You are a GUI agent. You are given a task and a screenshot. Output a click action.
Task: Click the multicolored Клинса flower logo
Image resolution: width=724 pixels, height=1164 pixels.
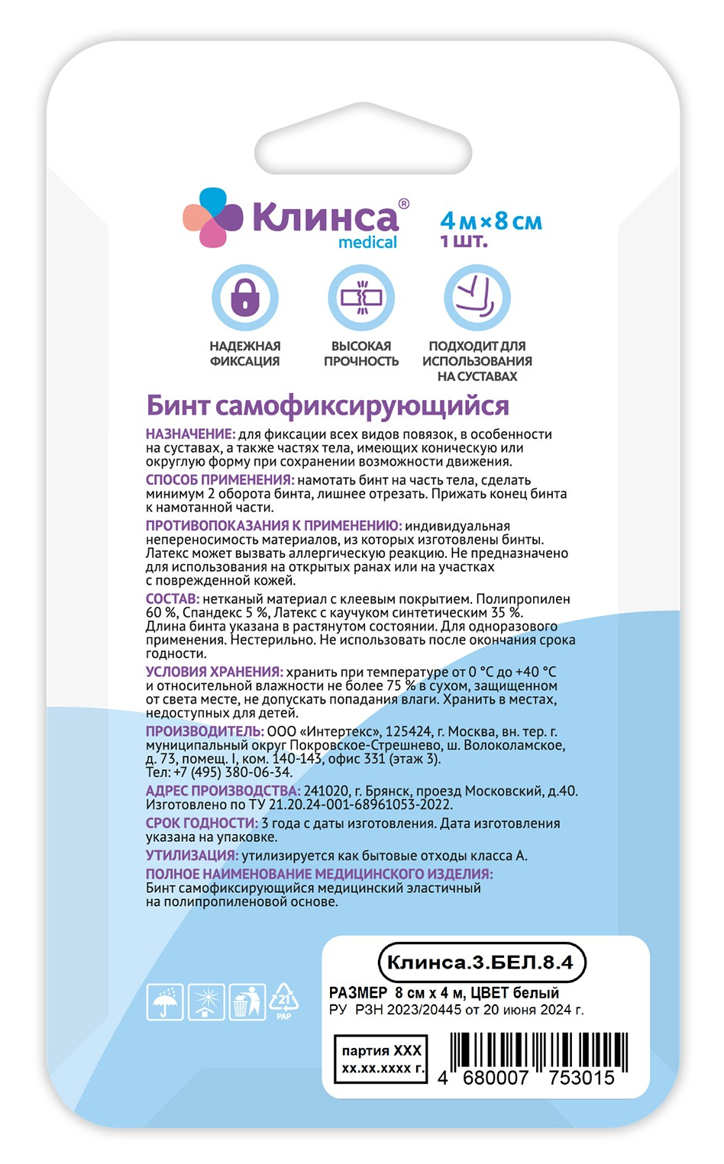(212, 218)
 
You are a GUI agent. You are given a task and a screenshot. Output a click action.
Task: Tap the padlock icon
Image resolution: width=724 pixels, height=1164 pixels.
(245, 297)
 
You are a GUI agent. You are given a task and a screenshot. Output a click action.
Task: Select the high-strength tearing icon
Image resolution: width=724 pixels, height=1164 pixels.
(361, 297)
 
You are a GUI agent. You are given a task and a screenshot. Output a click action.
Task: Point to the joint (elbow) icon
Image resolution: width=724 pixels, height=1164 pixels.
(477, 297)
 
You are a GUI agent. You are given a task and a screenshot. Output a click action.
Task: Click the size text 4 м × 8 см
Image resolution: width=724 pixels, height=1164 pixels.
(491, 221)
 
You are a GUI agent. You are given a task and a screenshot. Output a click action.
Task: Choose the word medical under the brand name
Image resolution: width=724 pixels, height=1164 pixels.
(367, 243)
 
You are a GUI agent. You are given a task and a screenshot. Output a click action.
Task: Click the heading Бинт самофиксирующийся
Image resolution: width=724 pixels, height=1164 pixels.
(328, 405)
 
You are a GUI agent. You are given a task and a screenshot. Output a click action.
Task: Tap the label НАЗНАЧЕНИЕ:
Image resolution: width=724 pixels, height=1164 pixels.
(190, 434)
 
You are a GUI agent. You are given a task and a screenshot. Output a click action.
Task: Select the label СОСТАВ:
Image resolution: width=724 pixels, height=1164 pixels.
(173, 599)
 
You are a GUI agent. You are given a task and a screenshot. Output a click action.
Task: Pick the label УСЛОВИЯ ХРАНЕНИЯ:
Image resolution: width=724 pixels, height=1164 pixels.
(215, 672)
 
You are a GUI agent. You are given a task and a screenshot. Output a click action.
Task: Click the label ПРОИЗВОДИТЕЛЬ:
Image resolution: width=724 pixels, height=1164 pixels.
(205, 731)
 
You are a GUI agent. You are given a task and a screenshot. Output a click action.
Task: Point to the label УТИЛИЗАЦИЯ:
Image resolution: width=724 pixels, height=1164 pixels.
(192, 856)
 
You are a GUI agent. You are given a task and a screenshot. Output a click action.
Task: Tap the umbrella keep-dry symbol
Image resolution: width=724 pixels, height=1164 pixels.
(165, 1002)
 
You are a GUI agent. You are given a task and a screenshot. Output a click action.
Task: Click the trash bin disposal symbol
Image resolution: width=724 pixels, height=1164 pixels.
(247, 1002)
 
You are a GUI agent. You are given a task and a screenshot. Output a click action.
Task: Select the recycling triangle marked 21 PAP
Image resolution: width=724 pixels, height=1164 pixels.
(283, 1001)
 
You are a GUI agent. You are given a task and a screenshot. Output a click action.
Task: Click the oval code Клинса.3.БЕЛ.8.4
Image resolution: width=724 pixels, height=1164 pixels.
(481, 962)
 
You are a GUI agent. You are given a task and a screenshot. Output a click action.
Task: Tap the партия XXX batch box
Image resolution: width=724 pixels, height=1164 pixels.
(380, 1059)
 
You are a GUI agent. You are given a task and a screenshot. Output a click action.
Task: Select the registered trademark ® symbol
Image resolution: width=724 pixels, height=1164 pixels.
(404, 204)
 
